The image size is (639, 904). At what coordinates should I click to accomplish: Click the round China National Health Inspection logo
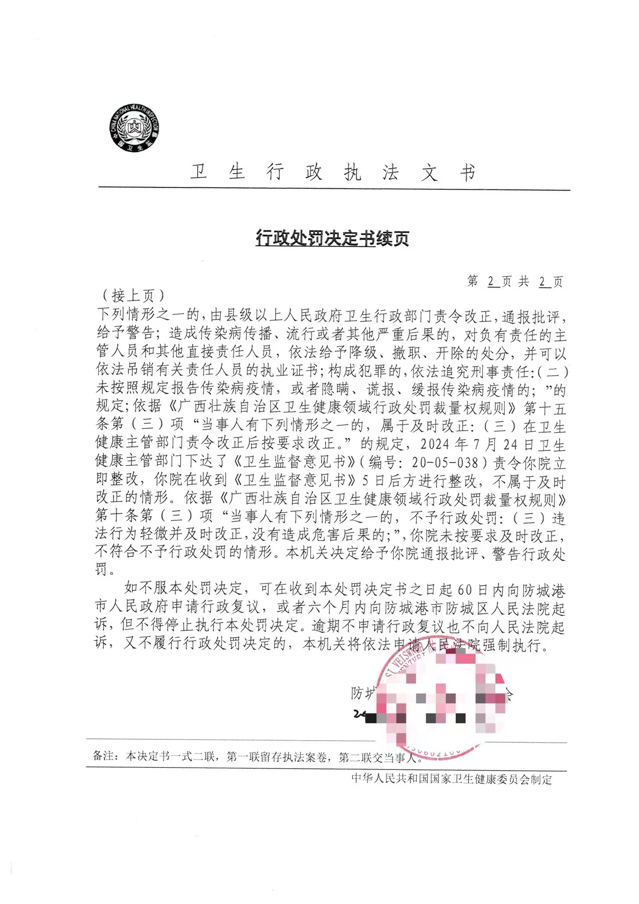click(x=134, y=128)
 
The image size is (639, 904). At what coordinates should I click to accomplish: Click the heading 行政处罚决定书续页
click(x=332, y=238)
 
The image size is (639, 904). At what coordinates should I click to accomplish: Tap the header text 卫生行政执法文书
click(x=333, y=172)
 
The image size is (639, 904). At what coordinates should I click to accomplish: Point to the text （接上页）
click(x=133, y=296)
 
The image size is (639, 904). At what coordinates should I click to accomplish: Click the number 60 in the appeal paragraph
click(x=465, y=590)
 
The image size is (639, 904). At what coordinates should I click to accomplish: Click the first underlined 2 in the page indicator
click(x=491, y=281)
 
